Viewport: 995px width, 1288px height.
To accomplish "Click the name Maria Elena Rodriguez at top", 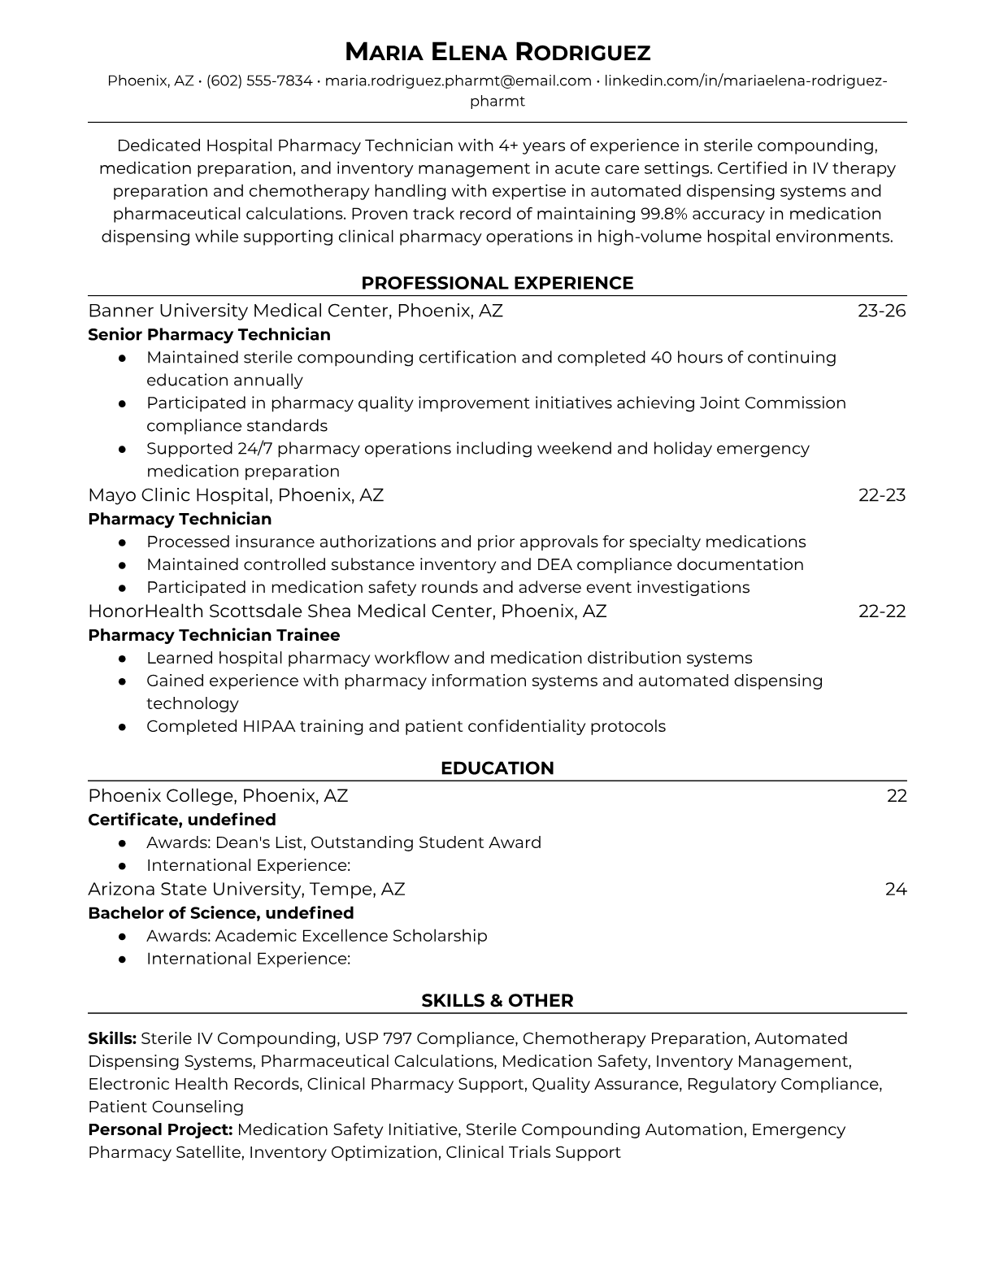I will pyautogui.click(x=497, y=53).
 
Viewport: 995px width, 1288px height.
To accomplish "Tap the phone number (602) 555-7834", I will pyautogui.click(x=259, y=80).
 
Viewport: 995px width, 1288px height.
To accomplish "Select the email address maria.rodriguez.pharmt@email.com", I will pyautogui.click(x=458, y=80).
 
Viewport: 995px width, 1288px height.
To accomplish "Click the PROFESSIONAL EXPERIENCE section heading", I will pyautogui.click(x=497, y=283).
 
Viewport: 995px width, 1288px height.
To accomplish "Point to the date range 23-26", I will pyautogui.click(x=881, y=311).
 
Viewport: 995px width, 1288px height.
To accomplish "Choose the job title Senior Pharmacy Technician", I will pyautogui.click(x=209, y=334).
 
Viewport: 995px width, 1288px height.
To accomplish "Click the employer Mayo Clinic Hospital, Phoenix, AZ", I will pyautogui.click(x=236, y=495).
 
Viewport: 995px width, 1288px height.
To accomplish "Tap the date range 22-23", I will pyautogui.click(x=882, y=495).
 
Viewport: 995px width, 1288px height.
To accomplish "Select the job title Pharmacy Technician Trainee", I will pyautogui.click(x=214, y=635).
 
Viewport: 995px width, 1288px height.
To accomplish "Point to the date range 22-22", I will pyautogui.click(x=882, y=611).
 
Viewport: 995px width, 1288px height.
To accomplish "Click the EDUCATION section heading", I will pyautogui.click(x=497, y=768).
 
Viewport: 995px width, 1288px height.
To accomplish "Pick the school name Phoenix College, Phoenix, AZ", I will pyautogui.click(x=218, y=795).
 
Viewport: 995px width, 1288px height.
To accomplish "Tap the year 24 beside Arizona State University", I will pyautogui.click(x=896, y=889).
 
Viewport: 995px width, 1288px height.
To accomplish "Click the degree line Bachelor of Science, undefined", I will pyautogui.click(x=221, y=912).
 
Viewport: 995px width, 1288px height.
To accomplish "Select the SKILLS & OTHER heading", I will pyautogui.click(x=497, y=1001).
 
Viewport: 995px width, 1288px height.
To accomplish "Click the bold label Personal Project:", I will pyautogui.click(x=160, y=1129).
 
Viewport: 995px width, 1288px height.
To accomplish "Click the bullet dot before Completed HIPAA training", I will pyautogui.click(x=123, y=727).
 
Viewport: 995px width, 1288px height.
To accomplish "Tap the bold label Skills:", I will pyautogui.click(x=112, y=1038).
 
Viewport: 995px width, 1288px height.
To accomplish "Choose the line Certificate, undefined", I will pyautogui.click(x=182, y=819).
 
